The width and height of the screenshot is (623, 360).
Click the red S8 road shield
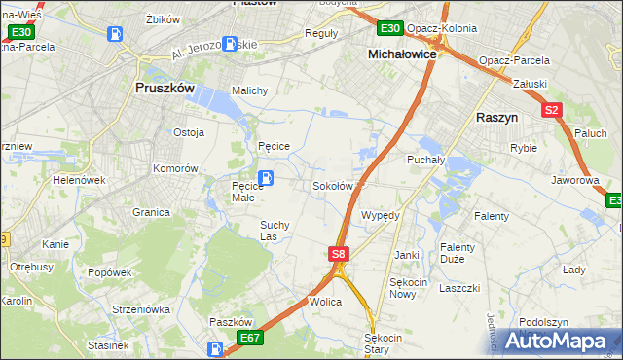(x=337, y=254)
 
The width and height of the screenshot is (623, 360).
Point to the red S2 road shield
(x=552, y=110)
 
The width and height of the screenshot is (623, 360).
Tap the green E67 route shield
(x=249, y=337)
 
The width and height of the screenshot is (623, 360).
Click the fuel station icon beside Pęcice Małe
(x=266, y=178)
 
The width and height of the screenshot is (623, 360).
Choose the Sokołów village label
(x=332, y=186)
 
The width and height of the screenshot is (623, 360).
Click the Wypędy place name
(x=381, y=215)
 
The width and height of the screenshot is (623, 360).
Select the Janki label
(x=407, y=255)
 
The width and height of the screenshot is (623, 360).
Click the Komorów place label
(x=175, y=168)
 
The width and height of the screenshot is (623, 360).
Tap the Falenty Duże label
(x=457, y=253)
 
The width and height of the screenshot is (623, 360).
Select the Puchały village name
(x=425, y=160)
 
